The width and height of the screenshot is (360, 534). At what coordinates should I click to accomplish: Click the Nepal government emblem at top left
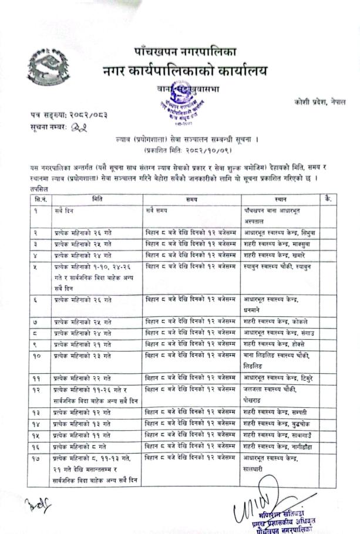47,66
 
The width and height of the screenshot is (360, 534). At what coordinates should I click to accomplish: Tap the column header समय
191,200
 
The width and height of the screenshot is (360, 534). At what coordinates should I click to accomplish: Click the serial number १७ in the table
38,456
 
